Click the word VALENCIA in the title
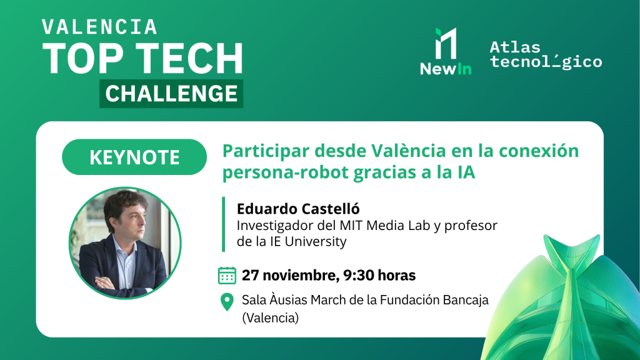(99, 27)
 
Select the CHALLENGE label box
(171, 94)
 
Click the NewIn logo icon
(446, 44)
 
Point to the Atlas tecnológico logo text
(546, 55)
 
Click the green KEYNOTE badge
(134, 157)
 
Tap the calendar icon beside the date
(227, 275)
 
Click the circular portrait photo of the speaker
(125, 242)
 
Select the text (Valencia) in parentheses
(270, 318)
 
